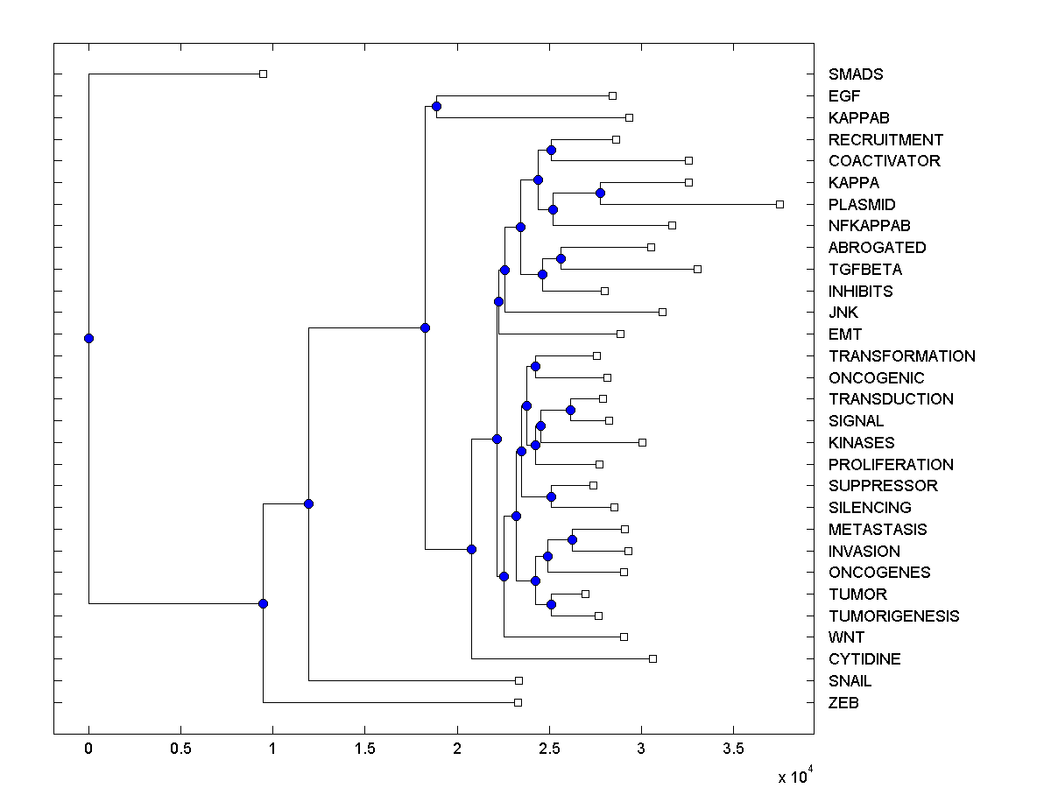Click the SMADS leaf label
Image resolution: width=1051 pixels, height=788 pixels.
(x=856, y=74)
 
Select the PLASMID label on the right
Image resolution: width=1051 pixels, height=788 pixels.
(x=862, y=205)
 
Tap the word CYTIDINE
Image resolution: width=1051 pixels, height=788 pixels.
(x=864, y=659)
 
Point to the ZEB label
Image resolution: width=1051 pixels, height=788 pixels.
(x=843, y=703)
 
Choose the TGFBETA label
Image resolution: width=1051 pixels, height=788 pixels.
(x=865, y=270)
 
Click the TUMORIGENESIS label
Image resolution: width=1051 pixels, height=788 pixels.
(x=893, y=616)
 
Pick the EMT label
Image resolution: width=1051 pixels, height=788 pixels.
(x=845, y=334)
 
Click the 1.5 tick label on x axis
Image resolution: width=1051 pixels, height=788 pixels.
(x=364, y=749)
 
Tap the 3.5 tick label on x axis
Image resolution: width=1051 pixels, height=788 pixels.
(x=733, y=749)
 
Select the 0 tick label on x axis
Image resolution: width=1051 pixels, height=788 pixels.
(x=88, y=749)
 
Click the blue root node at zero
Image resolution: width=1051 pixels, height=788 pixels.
(x=88, y=338)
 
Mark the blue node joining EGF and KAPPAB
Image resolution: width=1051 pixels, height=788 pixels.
(x=436, y=107)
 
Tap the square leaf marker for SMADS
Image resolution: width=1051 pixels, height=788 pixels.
(x=263, y=74)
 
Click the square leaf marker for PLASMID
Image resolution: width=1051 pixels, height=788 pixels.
(x=779, y=204)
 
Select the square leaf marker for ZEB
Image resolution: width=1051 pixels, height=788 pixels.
(x=518, y=702)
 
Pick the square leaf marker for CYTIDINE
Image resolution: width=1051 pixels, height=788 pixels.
(x=652, y=658)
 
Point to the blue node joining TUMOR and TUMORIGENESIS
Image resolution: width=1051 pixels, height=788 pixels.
(x=551, y=604)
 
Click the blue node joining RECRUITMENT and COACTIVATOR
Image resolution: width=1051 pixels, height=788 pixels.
(x=551, y=150)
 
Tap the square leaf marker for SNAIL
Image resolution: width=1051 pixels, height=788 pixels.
(x=518, y=680)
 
